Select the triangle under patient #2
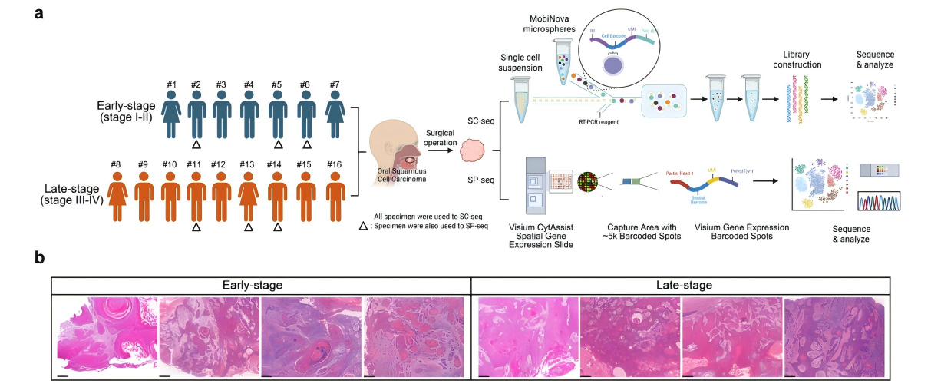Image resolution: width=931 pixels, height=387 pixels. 196,144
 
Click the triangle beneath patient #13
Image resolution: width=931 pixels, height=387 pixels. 248,227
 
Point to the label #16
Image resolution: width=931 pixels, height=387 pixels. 334,164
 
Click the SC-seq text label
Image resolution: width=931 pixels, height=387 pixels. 480,121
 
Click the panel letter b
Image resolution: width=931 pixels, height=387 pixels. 39,259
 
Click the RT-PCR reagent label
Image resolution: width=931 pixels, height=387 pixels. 599,121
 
